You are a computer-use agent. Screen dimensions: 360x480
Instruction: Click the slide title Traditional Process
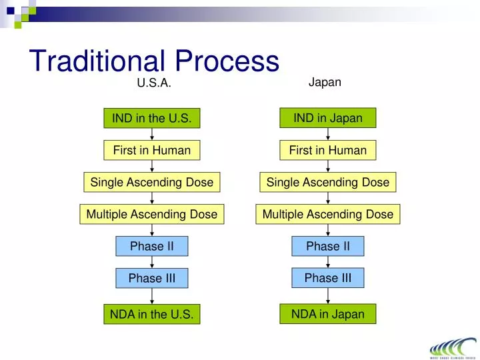154,61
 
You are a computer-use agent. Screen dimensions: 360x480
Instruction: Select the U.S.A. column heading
154,83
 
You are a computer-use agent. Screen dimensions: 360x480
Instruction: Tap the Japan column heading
325,82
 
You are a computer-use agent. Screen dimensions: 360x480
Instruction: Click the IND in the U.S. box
152,119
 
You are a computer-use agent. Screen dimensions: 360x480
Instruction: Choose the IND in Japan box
328,118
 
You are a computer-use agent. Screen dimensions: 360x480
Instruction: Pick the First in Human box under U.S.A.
152,151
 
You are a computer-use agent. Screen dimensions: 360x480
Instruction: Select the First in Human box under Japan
328,151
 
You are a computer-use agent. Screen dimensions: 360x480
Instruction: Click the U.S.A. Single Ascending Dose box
152,182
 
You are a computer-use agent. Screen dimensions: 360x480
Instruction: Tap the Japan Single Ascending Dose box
328,182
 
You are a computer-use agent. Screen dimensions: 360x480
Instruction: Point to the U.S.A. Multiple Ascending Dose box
152,214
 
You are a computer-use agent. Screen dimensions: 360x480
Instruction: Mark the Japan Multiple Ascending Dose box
328,214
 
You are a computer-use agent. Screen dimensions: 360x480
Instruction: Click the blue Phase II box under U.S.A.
152,246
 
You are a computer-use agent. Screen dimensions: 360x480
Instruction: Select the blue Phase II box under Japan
328,246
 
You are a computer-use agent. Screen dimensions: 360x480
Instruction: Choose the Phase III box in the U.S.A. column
152,279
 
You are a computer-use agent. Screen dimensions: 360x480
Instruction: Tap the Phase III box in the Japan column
328,278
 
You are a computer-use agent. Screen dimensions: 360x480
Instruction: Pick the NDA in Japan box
328,314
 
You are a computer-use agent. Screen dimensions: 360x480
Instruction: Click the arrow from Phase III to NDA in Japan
328,296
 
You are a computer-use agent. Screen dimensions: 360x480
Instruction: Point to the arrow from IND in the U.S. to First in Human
152,135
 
